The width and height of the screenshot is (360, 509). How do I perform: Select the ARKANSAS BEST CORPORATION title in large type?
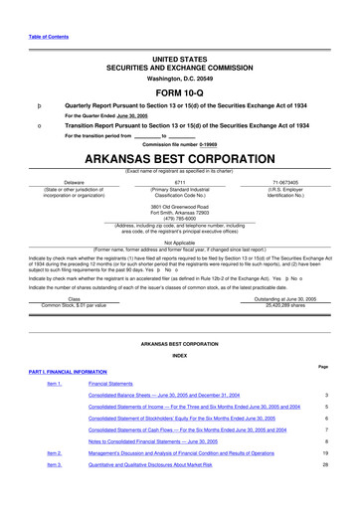(179, 159)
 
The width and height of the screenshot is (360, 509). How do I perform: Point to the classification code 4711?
(180, 183)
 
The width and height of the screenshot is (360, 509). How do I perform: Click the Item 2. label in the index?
(54, 452)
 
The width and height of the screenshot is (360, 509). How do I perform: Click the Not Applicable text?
(179, 242)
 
